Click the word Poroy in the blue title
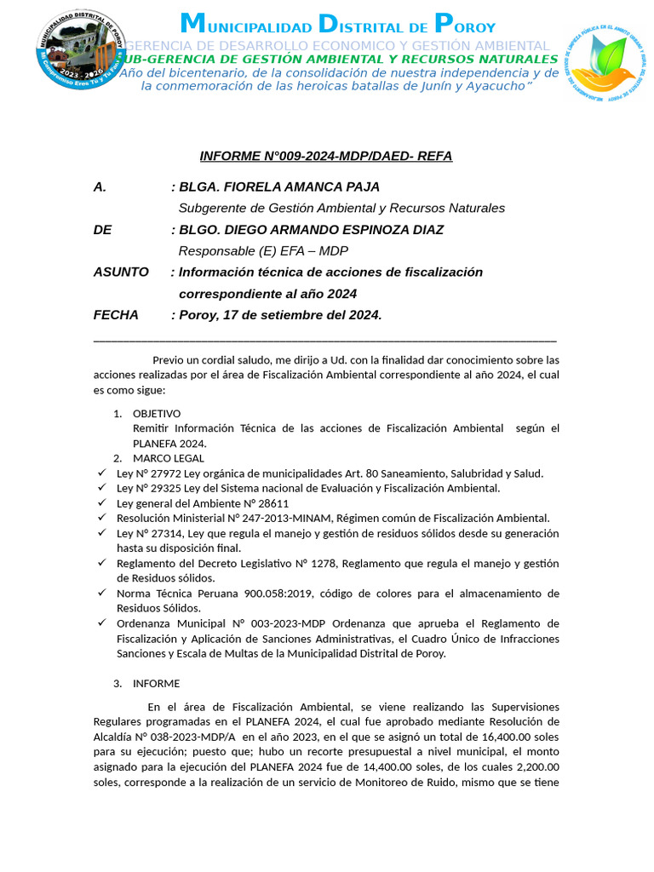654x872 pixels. click(464, 25)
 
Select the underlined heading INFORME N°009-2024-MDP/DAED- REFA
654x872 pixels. click(326, 156)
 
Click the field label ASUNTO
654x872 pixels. click(121, 272)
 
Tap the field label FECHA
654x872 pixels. click(116, 315)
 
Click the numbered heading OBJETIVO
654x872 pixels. click(157, 414)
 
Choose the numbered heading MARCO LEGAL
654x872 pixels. click(169, 458)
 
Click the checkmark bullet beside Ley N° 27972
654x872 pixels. click(101, 473)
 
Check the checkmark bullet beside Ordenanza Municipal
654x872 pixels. click(101, 622)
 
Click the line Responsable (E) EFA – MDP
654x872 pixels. click(263, 251)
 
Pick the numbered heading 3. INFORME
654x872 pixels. click(156, 683)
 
